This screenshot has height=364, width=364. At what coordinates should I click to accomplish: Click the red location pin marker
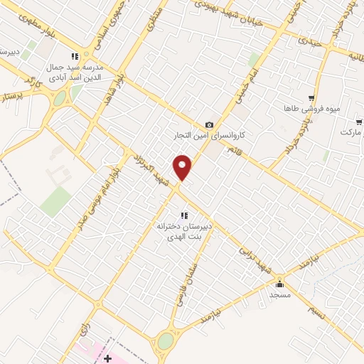(183, 167)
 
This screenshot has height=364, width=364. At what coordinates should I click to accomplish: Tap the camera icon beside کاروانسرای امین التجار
(209, 125)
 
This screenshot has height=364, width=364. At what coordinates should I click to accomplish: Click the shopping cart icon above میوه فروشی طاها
(311, 98)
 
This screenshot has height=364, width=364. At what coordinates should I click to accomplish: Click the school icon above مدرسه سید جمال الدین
(74, 57)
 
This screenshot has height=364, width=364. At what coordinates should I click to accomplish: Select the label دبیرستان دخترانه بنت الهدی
(185, 230)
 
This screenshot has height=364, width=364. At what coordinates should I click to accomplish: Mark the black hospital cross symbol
(107, 358)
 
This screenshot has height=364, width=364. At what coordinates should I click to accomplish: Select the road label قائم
(233, 150)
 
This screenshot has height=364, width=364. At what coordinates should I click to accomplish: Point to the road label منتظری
(155, 18)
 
